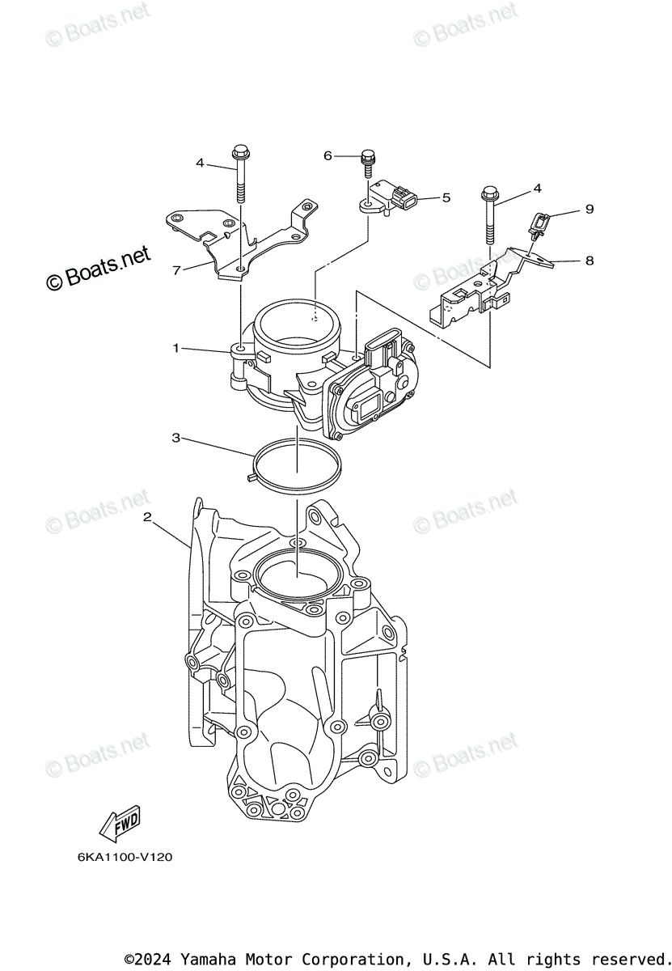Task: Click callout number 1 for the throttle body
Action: coord(175,348)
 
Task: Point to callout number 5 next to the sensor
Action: coord(446,197)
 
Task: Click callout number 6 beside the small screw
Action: coord(328,155)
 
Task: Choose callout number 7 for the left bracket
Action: coord(175,270)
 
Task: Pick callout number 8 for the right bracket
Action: coord(590,261)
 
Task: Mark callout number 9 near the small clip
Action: coord(590,209)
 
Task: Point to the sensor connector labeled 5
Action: coord(400,197)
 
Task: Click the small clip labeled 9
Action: coord(539,222)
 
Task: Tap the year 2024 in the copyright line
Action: coord(153,959)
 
